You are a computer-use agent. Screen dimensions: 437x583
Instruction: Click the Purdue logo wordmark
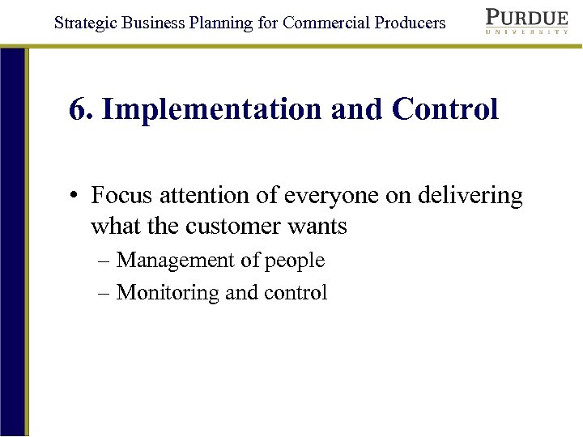coord(526,17)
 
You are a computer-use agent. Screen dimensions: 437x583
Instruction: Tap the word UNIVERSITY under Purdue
coord(526,32)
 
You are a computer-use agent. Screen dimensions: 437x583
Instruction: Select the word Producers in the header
coord(410,23)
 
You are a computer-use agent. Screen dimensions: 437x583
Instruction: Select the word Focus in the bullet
coord(121,196)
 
